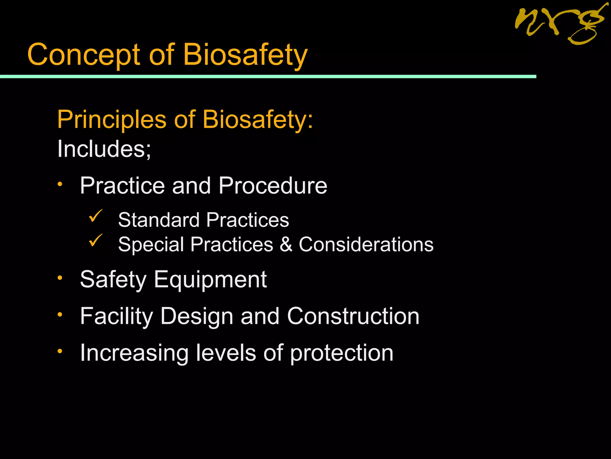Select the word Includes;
(104, 149)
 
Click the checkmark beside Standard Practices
(95, 216)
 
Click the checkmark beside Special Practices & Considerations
(95, 240)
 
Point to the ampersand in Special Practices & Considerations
(286, 244)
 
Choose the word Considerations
(366, 244)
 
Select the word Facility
(116, 316)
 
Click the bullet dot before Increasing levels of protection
(60, 351)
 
